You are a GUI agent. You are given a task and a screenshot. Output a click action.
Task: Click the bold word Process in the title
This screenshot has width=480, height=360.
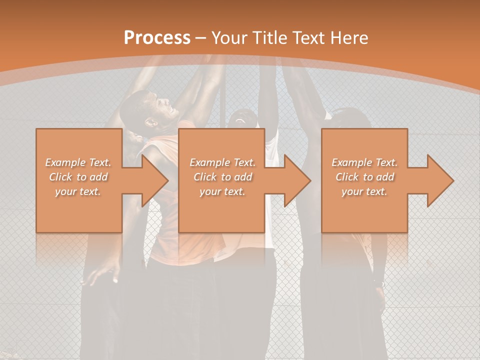(157, 38)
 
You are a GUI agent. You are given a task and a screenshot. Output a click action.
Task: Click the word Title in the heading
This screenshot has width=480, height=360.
(270, 38)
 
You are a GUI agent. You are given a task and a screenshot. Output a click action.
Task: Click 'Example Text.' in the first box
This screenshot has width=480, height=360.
(78, 162)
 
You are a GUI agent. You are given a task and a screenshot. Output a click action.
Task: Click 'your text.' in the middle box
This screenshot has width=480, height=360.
(222, 191)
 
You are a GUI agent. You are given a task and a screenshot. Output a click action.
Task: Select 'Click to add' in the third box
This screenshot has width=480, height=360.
(364, 177)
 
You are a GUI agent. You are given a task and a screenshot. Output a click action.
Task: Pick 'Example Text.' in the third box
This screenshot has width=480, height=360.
(364, 162)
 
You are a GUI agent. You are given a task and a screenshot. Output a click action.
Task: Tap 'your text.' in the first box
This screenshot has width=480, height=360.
(78, 191)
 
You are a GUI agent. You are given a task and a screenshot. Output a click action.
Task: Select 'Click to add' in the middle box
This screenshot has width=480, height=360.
(222, 177)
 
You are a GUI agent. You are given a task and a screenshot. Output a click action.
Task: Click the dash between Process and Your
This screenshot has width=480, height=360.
(200, 38)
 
